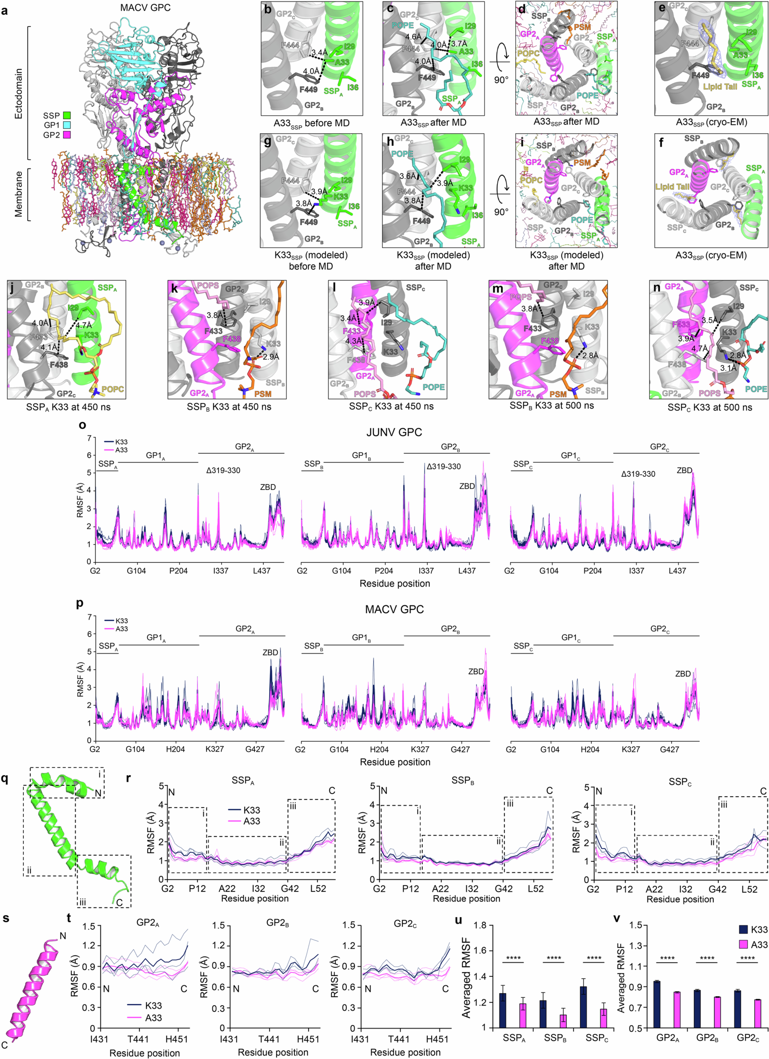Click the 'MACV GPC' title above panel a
coord(145,8)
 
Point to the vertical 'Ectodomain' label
coord(19,93)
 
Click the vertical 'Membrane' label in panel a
coord(19,194)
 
